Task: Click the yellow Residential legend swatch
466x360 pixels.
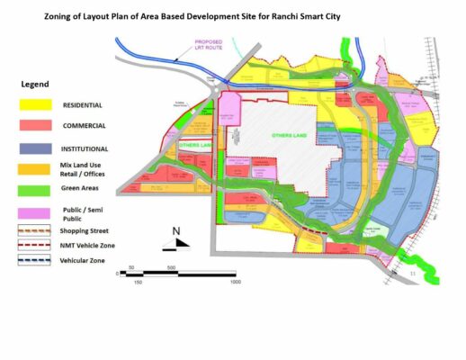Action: pos(38,105)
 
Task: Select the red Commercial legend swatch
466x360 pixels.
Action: pos(38,127)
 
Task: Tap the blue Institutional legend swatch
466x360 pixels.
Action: pos(38,148)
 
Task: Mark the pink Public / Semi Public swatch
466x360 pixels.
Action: pos(38,213)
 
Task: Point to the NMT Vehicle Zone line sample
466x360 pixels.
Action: pos(38,246)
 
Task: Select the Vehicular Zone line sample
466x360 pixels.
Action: pos(38,261)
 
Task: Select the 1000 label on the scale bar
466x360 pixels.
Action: pos(235,283)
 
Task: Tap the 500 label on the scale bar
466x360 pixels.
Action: pos(170,268)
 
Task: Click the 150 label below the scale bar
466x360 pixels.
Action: pos(138,283)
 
